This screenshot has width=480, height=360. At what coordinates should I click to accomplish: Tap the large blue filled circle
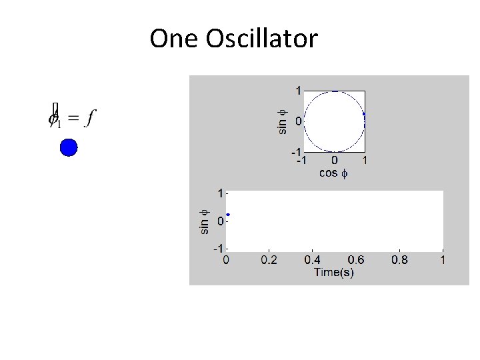69,147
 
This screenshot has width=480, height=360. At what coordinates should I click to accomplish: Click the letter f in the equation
90,118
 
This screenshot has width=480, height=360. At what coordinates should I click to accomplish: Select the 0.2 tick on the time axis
269,259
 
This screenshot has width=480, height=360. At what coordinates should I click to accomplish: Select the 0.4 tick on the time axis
313,259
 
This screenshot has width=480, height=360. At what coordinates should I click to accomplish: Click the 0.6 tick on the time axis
356,259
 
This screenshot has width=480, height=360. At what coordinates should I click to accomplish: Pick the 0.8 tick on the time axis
400,259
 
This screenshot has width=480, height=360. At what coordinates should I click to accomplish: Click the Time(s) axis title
334,272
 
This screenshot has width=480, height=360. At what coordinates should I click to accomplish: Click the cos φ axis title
333,173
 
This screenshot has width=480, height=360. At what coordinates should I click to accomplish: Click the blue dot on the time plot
228,215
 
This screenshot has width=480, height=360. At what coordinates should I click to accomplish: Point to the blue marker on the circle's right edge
364,115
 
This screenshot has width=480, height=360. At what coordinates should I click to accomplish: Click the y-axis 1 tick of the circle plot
299,90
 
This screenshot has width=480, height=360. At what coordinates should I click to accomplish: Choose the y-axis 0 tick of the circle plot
299,121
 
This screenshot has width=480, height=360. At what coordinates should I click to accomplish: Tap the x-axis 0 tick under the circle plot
334,161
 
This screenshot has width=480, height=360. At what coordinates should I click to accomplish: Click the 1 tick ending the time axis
443,259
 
